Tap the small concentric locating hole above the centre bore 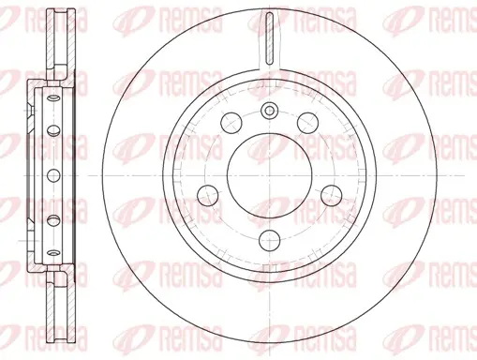click(269, 111)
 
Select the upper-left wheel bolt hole click(231, 123)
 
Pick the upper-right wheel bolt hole click(307, 123)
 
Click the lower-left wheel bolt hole click(208, 195)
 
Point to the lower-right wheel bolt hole click(332, 195)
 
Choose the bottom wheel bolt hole click(269, 240)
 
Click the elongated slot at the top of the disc click(269, 38)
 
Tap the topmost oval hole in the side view click(53, 98)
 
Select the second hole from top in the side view click(53, 129)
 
